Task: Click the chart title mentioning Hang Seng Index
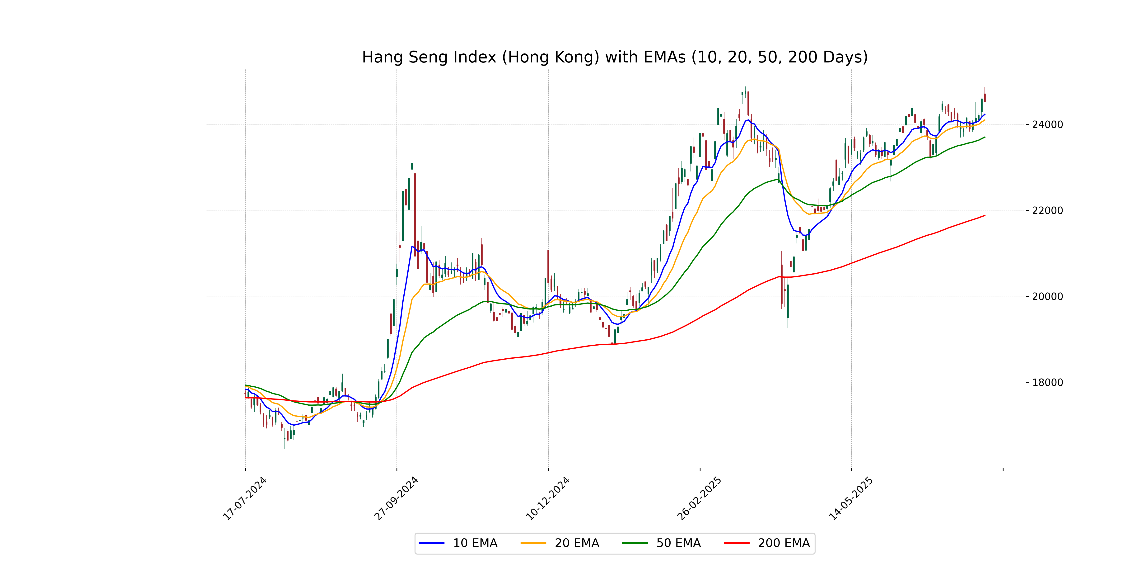(615, 57)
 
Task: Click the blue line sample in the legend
(432, 543)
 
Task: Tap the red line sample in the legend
(737, 543)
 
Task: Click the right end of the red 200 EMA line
(985, 215)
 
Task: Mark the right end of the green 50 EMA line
(985, 137)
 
